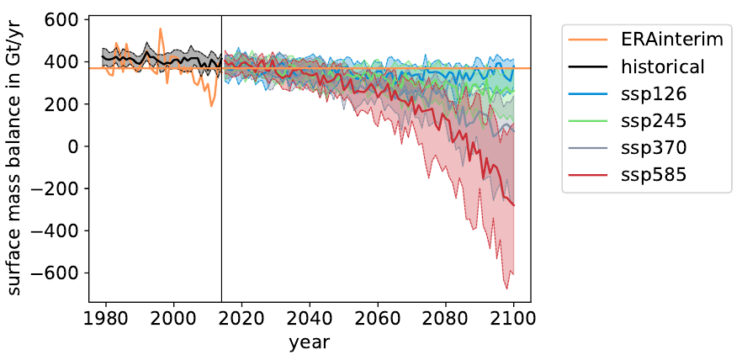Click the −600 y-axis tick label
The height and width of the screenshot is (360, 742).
61,273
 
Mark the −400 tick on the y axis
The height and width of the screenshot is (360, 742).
61,230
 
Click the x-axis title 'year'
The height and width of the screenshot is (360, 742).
310,342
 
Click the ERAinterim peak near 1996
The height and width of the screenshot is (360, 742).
161,29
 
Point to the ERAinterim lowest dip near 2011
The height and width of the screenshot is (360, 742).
211,106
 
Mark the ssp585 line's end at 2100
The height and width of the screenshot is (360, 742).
513,205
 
